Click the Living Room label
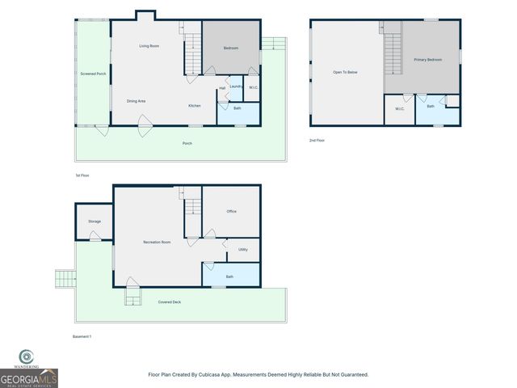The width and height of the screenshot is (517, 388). click(149, 46)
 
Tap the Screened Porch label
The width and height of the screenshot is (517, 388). click(93, 74)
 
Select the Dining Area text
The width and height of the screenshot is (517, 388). click(136, 101)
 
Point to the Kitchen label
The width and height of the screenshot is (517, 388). click(195, 106)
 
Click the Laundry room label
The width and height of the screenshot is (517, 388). click(236, 86)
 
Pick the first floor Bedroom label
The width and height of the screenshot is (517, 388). click(231, 49)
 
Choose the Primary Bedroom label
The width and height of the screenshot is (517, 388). click(427, 60)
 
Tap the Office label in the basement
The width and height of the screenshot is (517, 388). click(231, 212)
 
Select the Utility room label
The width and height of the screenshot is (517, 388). click(243, 250)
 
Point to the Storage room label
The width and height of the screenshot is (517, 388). click(95, 221)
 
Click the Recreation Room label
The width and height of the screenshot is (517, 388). click(157, 242)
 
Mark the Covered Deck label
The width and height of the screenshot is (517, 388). click(170, 302)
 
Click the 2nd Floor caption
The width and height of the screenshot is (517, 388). click(317, 140)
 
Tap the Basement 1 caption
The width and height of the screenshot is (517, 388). click(82, 336)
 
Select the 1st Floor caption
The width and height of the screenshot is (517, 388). click(82, 175)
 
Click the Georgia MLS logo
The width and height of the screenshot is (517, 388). click(28, 370)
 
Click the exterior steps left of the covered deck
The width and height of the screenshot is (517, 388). click(65, 280)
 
